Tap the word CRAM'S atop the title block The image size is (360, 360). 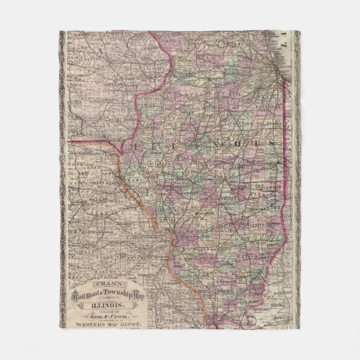point(104,284)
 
